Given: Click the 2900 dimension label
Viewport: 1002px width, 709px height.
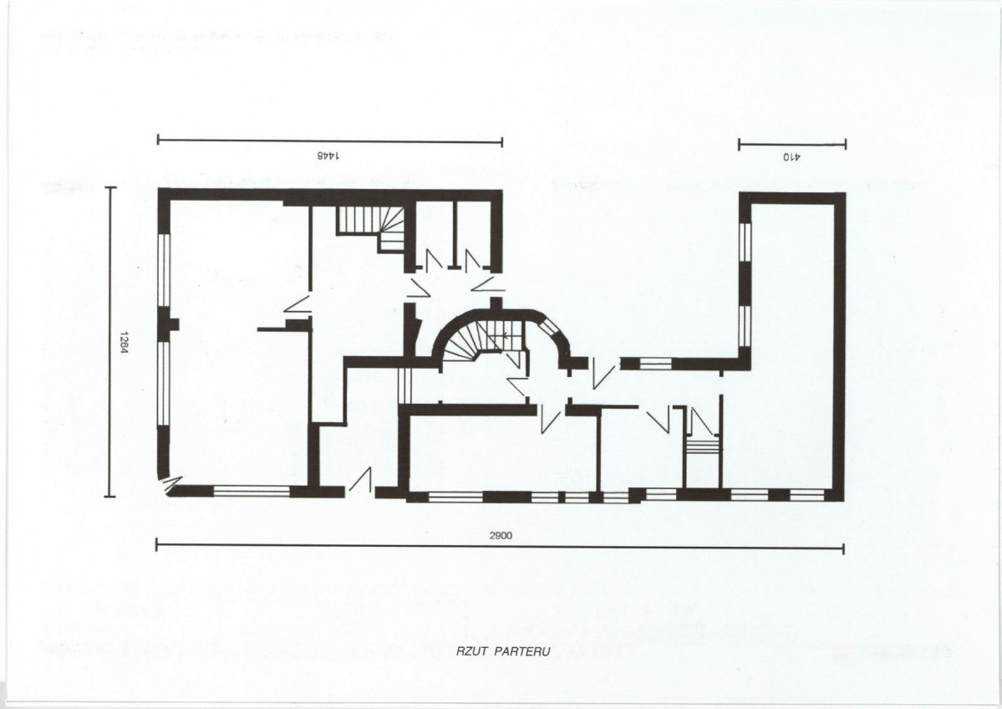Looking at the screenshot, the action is coord(501,536).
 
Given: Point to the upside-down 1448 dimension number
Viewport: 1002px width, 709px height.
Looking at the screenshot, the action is coord(329,156).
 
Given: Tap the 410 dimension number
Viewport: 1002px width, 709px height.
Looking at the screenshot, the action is coord(791,156).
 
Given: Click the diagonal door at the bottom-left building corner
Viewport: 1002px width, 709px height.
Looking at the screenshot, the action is coord(170,484).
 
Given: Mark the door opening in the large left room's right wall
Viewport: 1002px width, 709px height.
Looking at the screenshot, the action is coord(298,305).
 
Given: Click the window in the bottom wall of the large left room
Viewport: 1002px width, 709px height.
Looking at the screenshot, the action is coord(252,491).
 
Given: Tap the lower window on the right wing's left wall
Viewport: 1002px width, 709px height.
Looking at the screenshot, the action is coord(745,327).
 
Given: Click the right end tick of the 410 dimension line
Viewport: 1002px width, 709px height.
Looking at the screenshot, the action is coord(846,144).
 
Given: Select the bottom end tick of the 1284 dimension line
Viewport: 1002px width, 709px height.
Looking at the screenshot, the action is coord(110,496).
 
